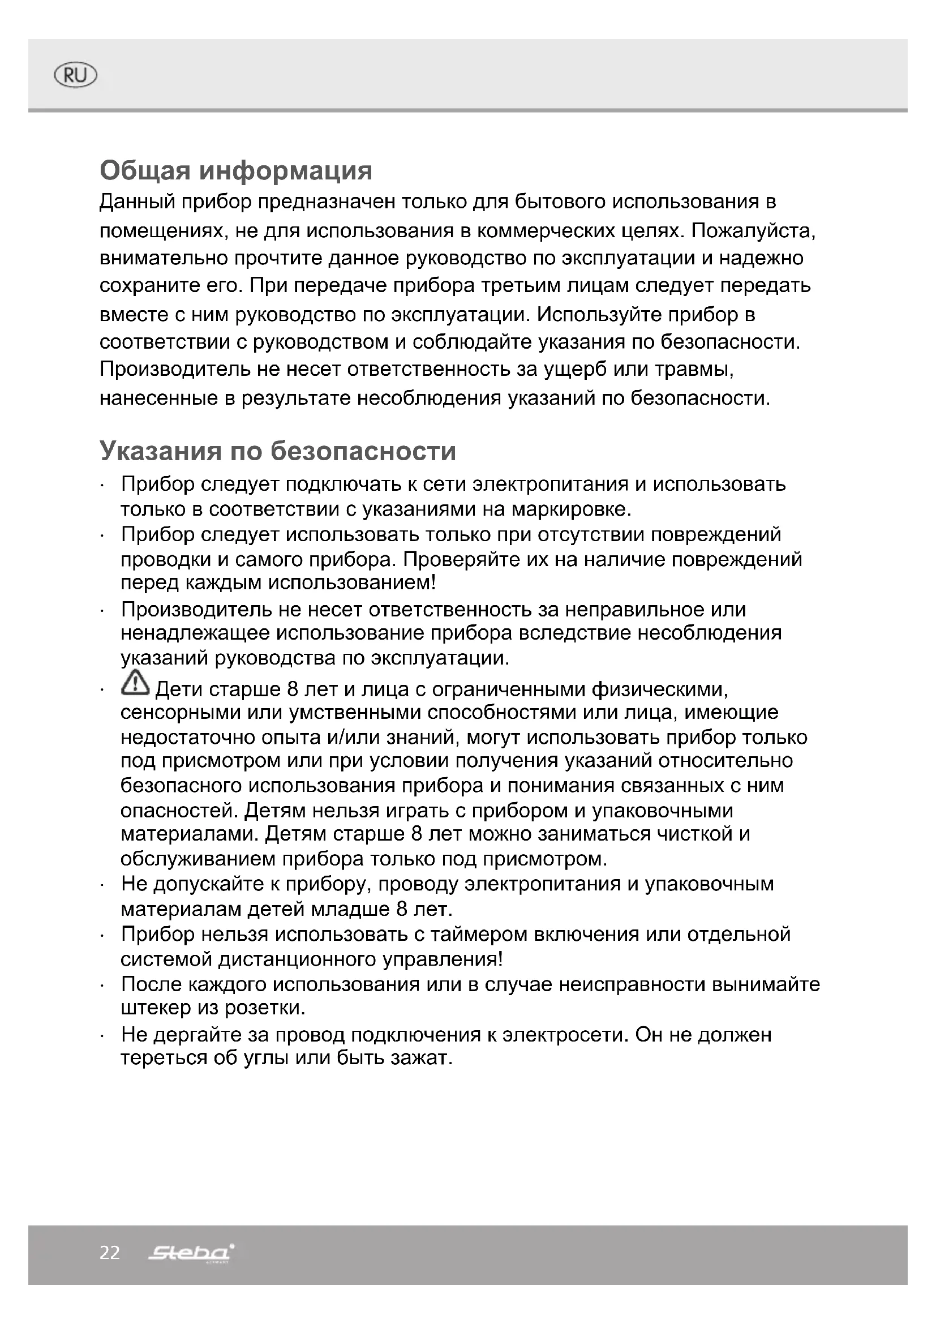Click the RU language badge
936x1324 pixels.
point(75,75)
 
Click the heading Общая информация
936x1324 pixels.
point(236,171)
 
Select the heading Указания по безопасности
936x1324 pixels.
point(278,451)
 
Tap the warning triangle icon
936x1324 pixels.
point(135,683)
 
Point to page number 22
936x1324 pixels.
point(110,1253)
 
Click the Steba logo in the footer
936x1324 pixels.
point(191,1253)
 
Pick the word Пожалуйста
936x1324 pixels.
point(753,232)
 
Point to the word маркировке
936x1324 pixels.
point(571,509)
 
